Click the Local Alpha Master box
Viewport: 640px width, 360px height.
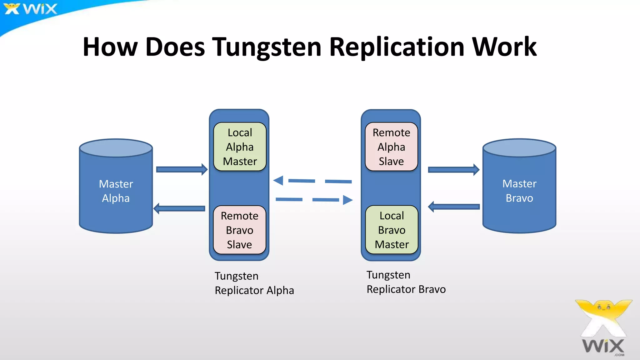[x=240, y=147]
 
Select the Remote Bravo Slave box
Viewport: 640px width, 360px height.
[x=239, y=230]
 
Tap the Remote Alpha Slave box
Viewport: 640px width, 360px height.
[x=391, y=147]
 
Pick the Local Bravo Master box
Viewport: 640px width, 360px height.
[x=392, y=230]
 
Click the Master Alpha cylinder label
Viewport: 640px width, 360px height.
[x=116, y=191]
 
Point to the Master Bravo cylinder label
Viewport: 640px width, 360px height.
[x=519, y=191]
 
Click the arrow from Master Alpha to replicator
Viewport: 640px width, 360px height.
[x=182, y=169]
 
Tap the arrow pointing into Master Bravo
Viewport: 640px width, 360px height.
[x=453, y=170]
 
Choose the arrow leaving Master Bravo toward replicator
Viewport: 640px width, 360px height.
[x=453, y=207]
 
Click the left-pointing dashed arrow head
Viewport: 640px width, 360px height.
[x=278, y=180]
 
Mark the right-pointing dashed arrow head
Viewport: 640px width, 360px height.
[x=347, y=200]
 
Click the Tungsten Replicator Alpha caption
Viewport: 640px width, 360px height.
[x=254, y=283]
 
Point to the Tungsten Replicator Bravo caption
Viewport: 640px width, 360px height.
[x=406, y=282]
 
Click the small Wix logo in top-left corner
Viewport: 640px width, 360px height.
[x=30, y=9]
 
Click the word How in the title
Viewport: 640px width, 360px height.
[x=110, y=47]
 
